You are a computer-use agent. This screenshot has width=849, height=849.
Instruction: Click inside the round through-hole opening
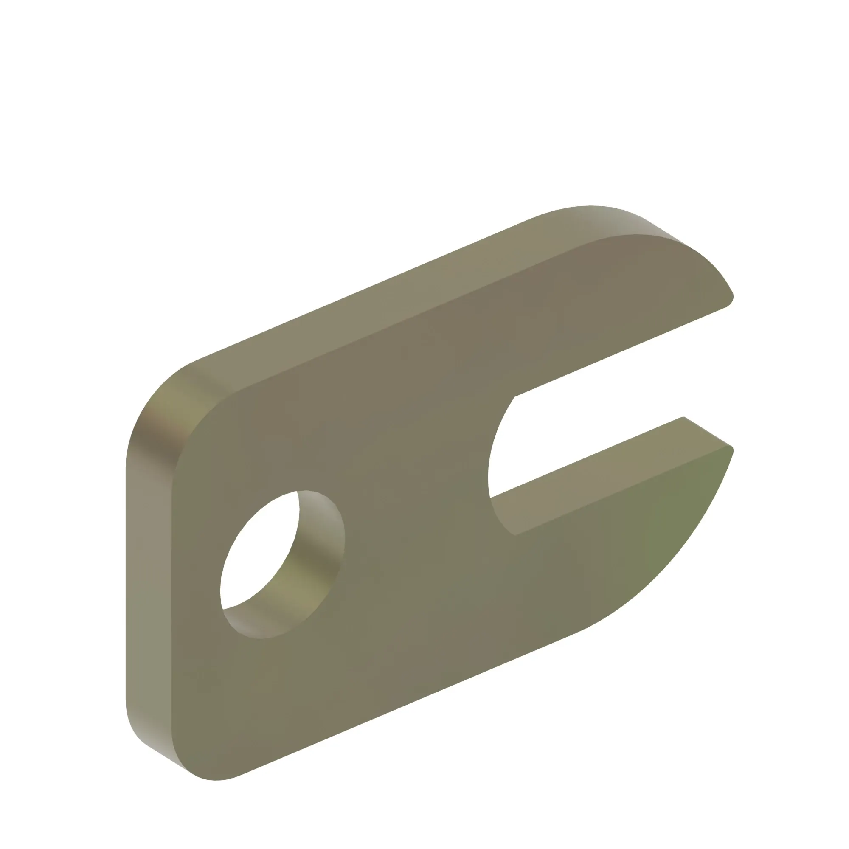tap(259, 558)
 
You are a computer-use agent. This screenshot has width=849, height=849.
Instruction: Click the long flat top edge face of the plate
tap(374, 308)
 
